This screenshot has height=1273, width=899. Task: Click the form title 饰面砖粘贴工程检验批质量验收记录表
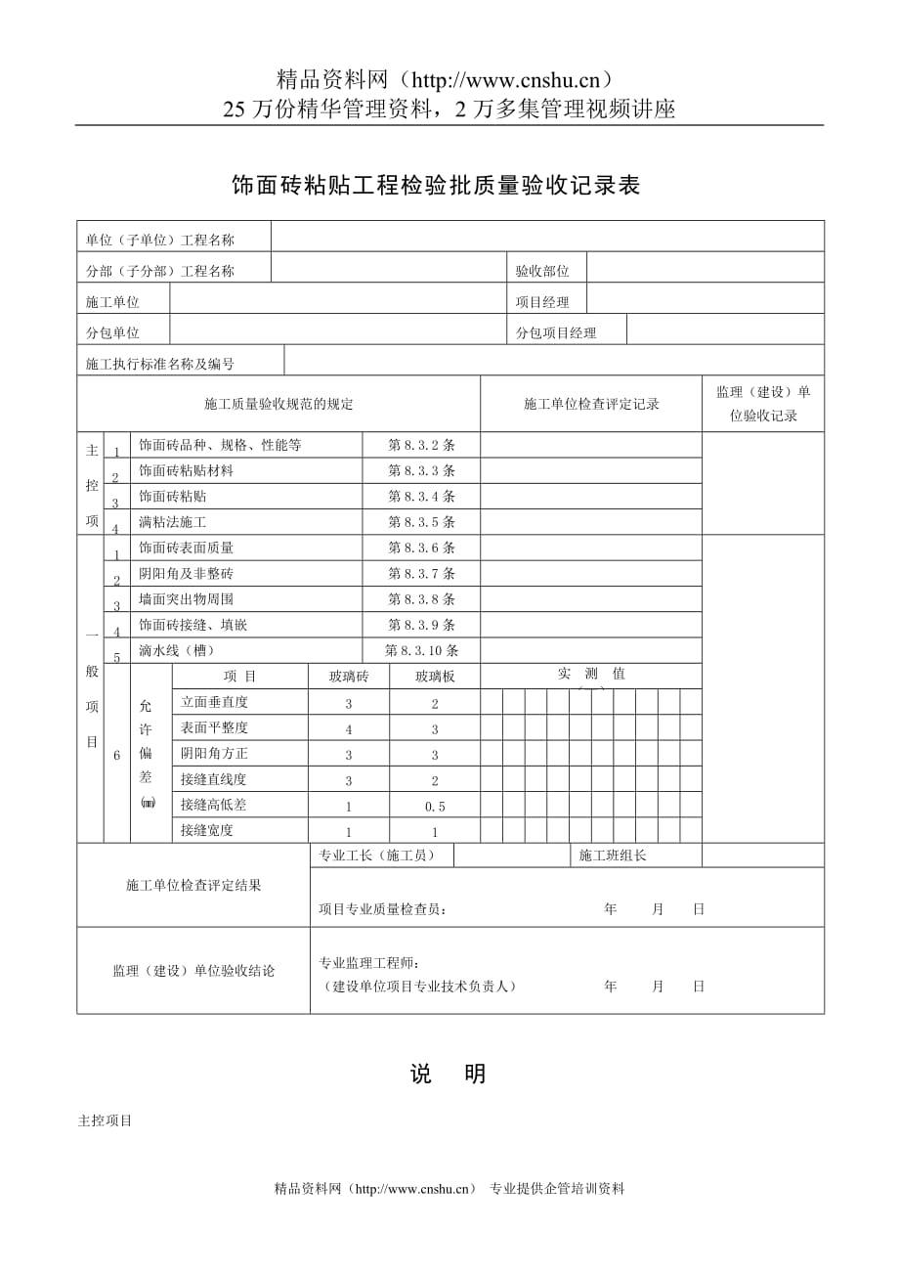435,186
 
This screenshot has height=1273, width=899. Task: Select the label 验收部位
542,272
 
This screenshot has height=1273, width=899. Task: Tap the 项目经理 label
542,303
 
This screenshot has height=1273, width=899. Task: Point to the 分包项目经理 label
556,333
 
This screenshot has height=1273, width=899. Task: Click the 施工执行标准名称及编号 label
160,364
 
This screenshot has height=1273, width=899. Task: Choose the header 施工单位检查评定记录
591,404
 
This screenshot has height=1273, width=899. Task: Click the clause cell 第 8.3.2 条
421,445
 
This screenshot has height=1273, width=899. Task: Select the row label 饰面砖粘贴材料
187,470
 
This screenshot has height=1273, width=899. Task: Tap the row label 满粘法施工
173,522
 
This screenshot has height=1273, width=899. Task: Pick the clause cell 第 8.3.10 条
421,650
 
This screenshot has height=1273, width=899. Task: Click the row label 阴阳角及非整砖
187,573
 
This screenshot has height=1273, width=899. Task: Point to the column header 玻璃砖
349,677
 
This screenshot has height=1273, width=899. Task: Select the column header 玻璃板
435,677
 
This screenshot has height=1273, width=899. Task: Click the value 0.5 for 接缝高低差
435,807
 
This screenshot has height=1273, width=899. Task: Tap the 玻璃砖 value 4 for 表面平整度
349,729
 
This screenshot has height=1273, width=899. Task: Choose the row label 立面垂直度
214,702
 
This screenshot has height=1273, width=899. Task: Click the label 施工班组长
613,856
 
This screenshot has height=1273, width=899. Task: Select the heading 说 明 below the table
449,1074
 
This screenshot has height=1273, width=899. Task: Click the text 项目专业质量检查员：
382,909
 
